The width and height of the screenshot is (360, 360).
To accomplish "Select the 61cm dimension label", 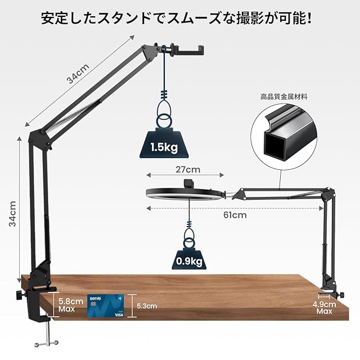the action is [235, 214].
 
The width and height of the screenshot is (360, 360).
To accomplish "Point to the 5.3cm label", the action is [147, 306].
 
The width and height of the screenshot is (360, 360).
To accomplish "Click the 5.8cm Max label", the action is [70, 305].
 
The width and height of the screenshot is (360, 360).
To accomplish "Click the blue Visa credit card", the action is [106, 306].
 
